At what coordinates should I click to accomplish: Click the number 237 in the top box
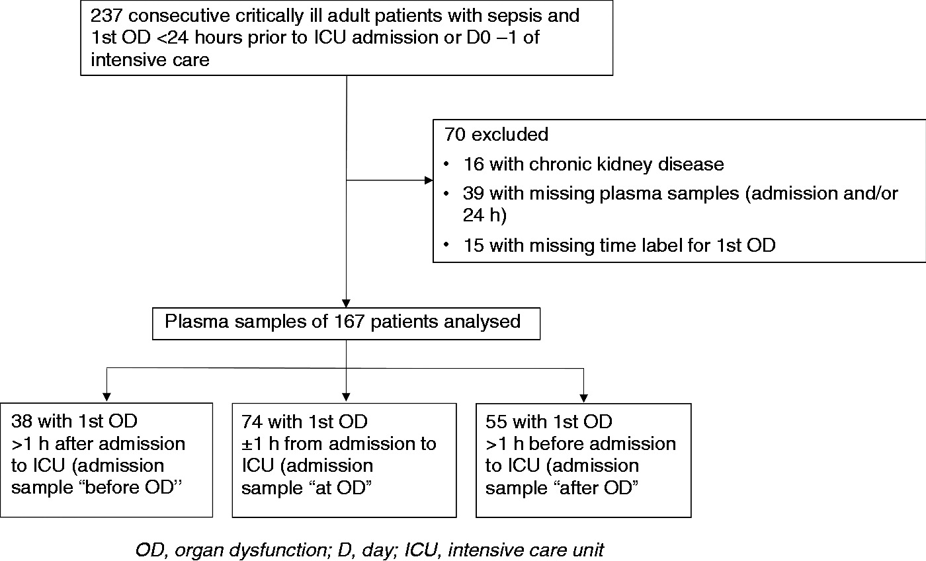tap(106, 16)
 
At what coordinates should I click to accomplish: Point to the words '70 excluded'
tap(496, 134)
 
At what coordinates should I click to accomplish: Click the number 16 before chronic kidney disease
tap(474, 164)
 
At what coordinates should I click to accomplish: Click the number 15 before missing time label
tap(474, 245)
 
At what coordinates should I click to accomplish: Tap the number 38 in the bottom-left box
tap(21, 421)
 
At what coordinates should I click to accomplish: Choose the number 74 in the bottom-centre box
tap(252, 422)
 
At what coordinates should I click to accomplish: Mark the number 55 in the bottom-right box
tap(496, 422)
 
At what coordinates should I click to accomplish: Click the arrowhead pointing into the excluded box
tap(429, 180)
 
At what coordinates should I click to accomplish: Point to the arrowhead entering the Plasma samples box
tap(346, 303)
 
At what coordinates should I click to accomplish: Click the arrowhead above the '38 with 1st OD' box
tap(106, 397)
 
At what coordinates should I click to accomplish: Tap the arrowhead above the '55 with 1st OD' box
tap(583, 398)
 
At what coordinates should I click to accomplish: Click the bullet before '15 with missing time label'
tap(446, 244)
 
